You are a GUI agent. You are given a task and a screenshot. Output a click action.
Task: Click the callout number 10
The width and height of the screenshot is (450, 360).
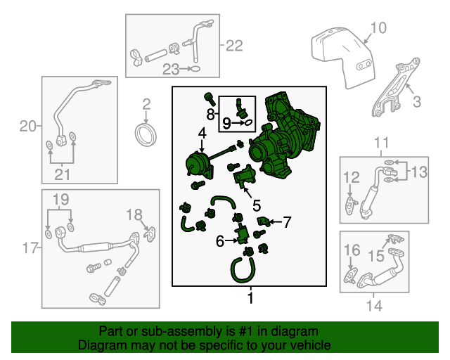pos(378,28)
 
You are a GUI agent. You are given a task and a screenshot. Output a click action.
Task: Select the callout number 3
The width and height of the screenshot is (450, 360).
pos(416,102)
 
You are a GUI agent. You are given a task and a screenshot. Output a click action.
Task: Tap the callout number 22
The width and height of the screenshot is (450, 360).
pos(233,46)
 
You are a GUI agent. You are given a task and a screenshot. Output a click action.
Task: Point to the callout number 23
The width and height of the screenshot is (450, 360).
pos(171,69)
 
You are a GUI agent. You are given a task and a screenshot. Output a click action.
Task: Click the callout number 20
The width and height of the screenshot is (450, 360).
pos(27,127)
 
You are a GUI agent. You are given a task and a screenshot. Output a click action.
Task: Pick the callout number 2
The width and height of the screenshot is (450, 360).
pos(146,105)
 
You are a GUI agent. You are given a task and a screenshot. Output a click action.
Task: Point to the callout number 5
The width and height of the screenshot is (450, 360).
pos(257,205)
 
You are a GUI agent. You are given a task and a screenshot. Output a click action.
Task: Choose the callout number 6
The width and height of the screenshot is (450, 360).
pos(220,241)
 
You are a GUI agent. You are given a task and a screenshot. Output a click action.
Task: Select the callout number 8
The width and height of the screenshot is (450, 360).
pos(210,113)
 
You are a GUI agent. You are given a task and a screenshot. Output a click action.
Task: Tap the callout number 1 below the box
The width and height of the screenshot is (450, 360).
pos(249,299)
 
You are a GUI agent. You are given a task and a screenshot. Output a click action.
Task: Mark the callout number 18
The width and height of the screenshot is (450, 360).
pos(134,214)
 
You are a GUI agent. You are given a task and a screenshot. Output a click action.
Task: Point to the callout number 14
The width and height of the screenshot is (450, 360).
pos(375,306)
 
